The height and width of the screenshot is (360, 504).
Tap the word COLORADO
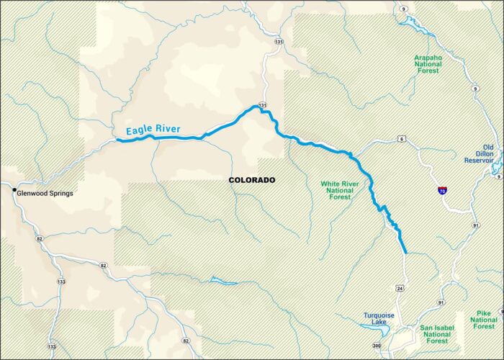251,180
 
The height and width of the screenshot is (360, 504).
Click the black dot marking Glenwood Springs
14,191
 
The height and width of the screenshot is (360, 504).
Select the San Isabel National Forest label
436,335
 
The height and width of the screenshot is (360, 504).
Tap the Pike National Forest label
485,321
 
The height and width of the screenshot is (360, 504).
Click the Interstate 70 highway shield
441,191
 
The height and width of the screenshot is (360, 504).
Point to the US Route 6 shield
400,138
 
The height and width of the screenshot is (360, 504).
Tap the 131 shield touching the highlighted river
264,106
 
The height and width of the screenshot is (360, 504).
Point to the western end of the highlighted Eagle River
118,140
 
